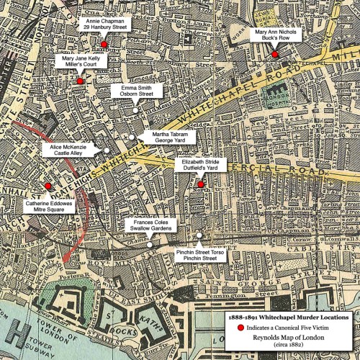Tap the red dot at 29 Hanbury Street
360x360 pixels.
point(104,45)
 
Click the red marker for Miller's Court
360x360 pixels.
point(80,81)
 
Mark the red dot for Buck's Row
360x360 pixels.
point(275,55)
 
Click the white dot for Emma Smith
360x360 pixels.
point(135,109)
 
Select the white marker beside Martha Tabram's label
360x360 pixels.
point(132,137)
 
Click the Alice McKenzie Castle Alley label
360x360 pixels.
point(68,150)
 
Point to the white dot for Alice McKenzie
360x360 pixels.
point(106,150)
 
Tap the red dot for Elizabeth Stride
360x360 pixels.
point(201,184)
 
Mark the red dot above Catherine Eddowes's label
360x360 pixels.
point(48,186)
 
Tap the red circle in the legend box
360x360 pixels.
point(240,328)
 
